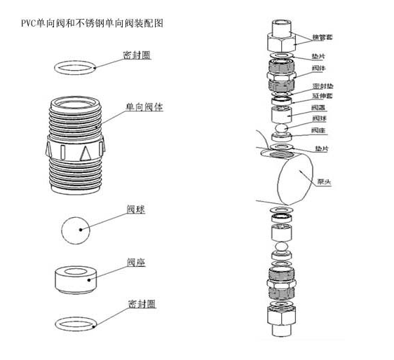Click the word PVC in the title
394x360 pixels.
tap(29, 23)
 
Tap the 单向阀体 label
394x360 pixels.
tap(145, 107)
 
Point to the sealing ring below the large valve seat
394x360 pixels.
tap(76, 324)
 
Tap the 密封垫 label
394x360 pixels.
tap(321, 85)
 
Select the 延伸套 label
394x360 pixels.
tap(321, 95)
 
